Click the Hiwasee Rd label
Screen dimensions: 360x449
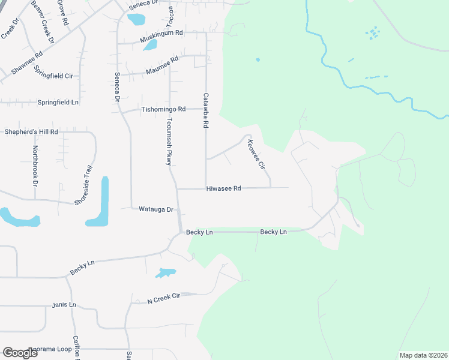pos(223,188)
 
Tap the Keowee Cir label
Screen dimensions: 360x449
pos(256,154)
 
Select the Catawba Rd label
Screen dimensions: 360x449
pos(205,110)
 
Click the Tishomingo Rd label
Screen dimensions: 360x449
pos(163,109)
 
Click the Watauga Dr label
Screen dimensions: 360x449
pos(156,209)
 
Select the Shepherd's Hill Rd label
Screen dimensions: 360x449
pos(31,131)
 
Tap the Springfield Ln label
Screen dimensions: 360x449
pos(58,103)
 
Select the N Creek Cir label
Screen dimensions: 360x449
pos(164,298)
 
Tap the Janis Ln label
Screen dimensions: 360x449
pos(64,305)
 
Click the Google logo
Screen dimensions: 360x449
pos(20,353)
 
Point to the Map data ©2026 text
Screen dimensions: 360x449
pos(423,355)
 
